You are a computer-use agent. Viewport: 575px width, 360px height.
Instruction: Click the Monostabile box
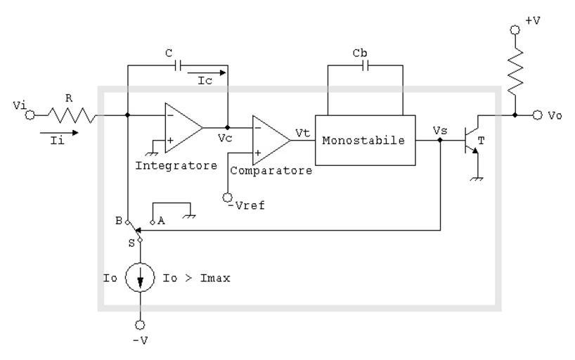tap(363, 140)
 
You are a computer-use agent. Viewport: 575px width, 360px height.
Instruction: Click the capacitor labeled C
tap(178, 65)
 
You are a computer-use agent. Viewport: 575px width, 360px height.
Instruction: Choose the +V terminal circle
tap(515, 30)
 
